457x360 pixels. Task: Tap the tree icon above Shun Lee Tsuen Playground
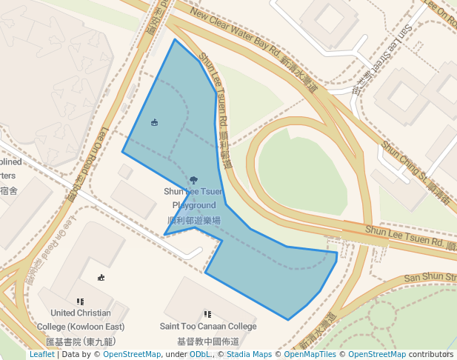[x=193, y=179]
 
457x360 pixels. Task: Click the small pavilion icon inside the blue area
[x=154, y=122]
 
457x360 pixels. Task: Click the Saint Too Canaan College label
[x=208, y=326]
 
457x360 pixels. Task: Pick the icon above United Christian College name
[x=80, y=301]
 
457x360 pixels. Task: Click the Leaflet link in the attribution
[x=41, y=355]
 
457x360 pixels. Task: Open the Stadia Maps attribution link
[x=251, y=355]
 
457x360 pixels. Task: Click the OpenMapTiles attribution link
[x=316, y=355]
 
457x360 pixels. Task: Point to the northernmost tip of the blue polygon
[x=175, y=39]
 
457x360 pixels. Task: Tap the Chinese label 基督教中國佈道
[x=208, y=341]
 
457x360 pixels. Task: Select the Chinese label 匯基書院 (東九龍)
[x=80, y=341]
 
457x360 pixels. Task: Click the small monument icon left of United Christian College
[x=101, y=278]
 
